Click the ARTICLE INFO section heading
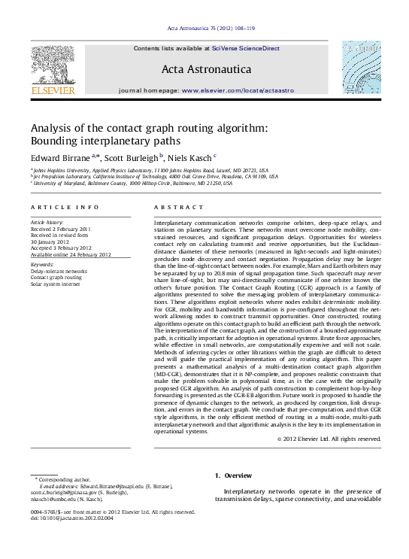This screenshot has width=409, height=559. [x=57, y=207]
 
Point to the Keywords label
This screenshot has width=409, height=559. [x=41, y=265]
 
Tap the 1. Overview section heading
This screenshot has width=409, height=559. [x=233, y=475]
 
